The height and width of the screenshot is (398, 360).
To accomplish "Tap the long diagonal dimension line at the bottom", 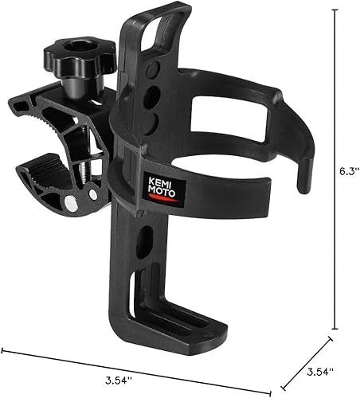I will pos(143,363).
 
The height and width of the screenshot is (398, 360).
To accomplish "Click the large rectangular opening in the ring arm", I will pos(231,119).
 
